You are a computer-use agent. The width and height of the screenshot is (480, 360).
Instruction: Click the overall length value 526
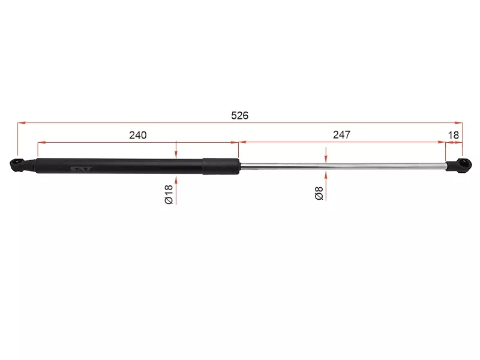(239, 115)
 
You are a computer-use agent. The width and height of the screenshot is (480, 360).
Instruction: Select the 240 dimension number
(137, 135)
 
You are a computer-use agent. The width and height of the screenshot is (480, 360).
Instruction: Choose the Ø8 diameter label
(319, 193)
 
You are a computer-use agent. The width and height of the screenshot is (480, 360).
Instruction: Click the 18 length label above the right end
(454, 135)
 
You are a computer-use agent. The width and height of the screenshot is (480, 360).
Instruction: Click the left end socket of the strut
(18, 164)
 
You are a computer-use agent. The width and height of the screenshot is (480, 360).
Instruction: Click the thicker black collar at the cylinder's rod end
(220, 166)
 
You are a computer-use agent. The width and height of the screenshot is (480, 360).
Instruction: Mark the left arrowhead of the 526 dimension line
(22, 122)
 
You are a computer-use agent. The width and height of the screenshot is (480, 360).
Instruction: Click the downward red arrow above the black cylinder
(176, 154)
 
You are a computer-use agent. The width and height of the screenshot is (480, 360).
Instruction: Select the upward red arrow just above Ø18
(176, 179)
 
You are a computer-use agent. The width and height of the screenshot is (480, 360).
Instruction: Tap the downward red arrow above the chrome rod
(325, 159)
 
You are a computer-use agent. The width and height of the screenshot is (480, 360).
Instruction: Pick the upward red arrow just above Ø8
(325, 175)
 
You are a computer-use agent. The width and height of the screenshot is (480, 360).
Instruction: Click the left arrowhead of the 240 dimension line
(41, 143)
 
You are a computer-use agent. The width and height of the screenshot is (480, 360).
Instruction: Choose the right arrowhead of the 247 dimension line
(442, 143)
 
